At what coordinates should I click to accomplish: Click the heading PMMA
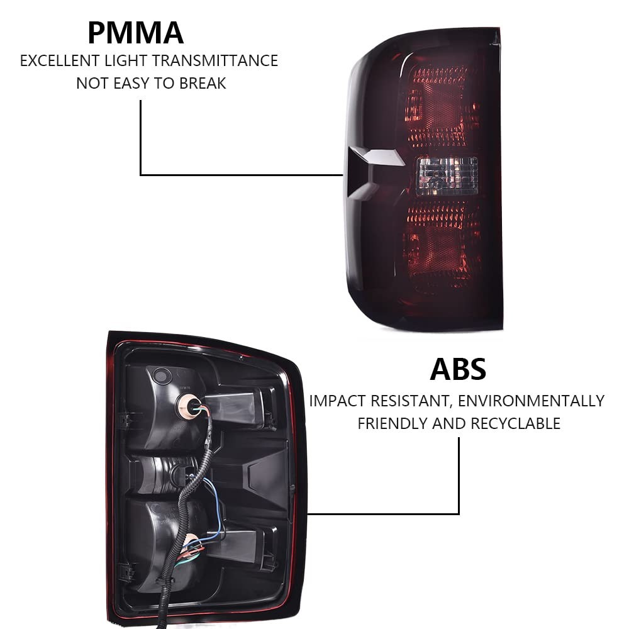[135, 33]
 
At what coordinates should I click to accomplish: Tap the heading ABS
[458, 369]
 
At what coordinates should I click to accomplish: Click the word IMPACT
[337, 401]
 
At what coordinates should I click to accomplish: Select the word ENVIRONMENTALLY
[537, 401]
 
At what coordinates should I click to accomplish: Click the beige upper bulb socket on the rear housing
[189, 406]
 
